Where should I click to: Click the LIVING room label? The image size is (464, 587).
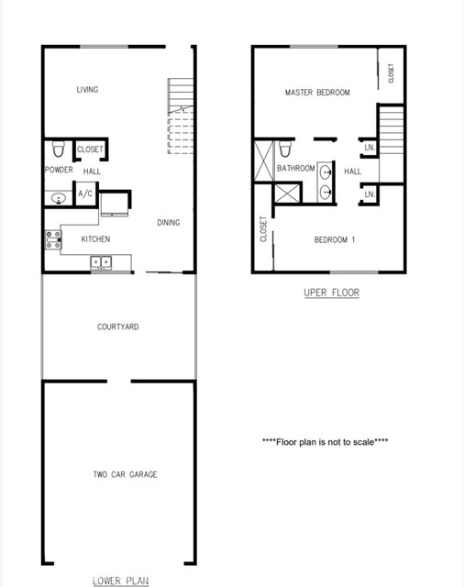tap(87, 90)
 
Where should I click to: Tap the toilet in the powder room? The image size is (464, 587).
tap(58, 149)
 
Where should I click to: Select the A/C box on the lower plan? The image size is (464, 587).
tap(86, 194)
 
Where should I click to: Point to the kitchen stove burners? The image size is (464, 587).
tap(53, 240)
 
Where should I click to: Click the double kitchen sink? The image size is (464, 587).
tap(101, 263)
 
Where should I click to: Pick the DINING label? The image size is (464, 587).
tap(168, 223)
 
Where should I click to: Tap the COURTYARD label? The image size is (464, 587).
tap(118, 327)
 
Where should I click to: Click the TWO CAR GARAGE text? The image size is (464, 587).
tap(125, 474)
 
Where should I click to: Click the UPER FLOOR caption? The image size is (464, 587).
tap(331, 293)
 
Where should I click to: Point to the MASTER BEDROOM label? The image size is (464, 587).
tap(317, 93)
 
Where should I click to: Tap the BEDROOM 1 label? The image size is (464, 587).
tap(335, 240)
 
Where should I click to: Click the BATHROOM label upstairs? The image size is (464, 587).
tap(296, 169)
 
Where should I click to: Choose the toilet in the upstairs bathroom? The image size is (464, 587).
tap(285, 149)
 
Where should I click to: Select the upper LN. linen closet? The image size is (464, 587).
tap(369, 148)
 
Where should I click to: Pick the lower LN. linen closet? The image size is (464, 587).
tap(369, 194)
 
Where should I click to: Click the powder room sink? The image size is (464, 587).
tap(58, 196)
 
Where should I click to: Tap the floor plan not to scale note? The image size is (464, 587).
tap(325, 441)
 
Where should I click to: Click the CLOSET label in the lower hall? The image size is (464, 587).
tap(90, 150)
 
